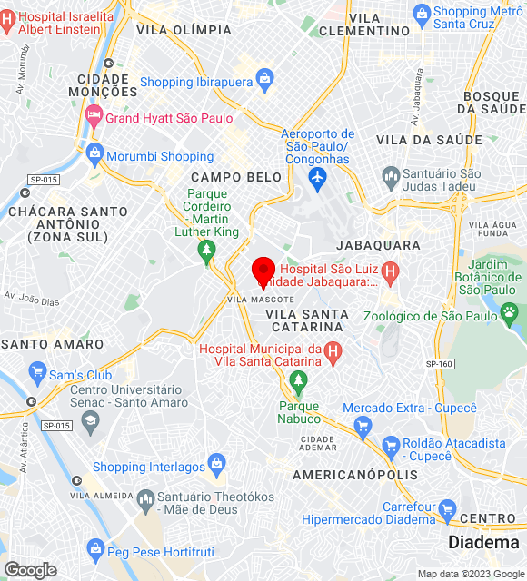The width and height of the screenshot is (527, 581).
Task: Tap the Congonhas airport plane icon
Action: tap(317, 178)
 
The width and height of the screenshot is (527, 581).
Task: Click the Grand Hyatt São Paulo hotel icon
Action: tap(93, 116)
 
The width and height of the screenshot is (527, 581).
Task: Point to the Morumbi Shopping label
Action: tap(160, 156)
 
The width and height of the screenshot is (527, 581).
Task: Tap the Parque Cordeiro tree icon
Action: tap(207, 250)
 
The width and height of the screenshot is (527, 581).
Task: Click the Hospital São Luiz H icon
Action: tap(390, 270)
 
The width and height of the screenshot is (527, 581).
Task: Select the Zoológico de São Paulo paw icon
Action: tap(510, 314)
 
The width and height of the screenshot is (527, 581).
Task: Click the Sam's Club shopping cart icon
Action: tap(37, 372)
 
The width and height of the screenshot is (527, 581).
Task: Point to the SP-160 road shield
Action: tap(439, 364)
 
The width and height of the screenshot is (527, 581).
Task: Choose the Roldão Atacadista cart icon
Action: tap(391, 446)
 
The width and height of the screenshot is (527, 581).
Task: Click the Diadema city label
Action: tap(483, 543)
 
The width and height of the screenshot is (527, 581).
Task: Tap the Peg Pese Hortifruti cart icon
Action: tap(95, 548)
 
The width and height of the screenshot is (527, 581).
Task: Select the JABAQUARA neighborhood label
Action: tap(378, 245)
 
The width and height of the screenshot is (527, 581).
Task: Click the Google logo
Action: tap(29, 570)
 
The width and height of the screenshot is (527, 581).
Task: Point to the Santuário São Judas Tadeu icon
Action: tap(391, 175)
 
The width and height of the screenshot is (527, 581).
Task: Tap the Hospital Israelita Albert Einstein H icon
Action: tap(7, 16)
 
